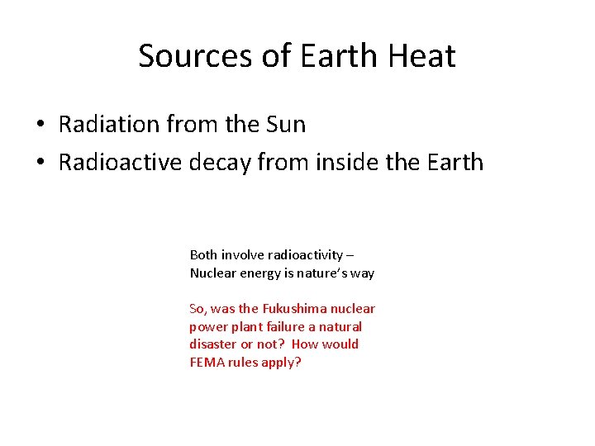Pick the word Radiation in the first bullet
[x=110, y=125]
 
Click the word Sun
[x=285, y=125]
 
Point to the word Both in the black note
[x=203, y=255]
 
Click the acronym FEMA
[x=207, y=363]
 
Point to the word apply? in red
[x=283, y=363]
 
